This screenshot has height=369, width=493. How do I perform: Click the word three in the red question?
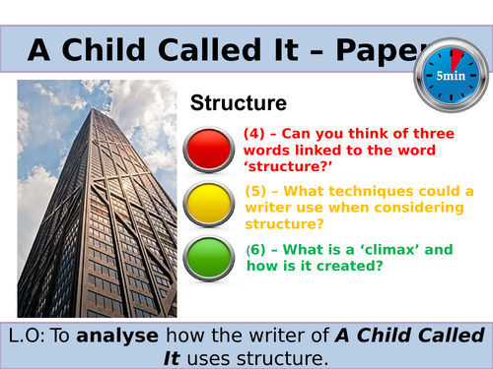click(x=432, y=136)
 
